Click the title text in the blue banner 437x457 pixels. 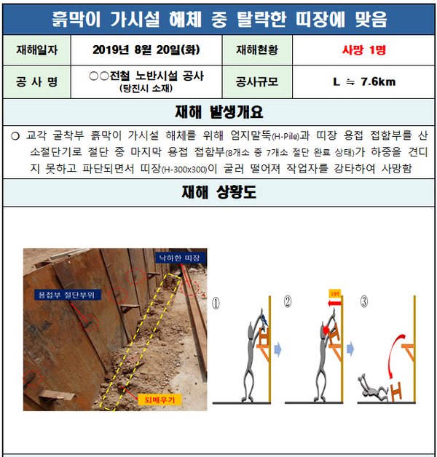tap(219, 17)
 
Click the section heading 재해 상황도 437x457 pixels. tap(219, 193)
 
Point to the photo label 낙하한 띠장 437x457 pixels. tap(181, 258)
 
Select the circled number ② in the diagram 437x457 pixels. tap(288, 301)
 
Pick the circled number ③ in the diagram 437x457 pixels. tap(362, 301)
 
